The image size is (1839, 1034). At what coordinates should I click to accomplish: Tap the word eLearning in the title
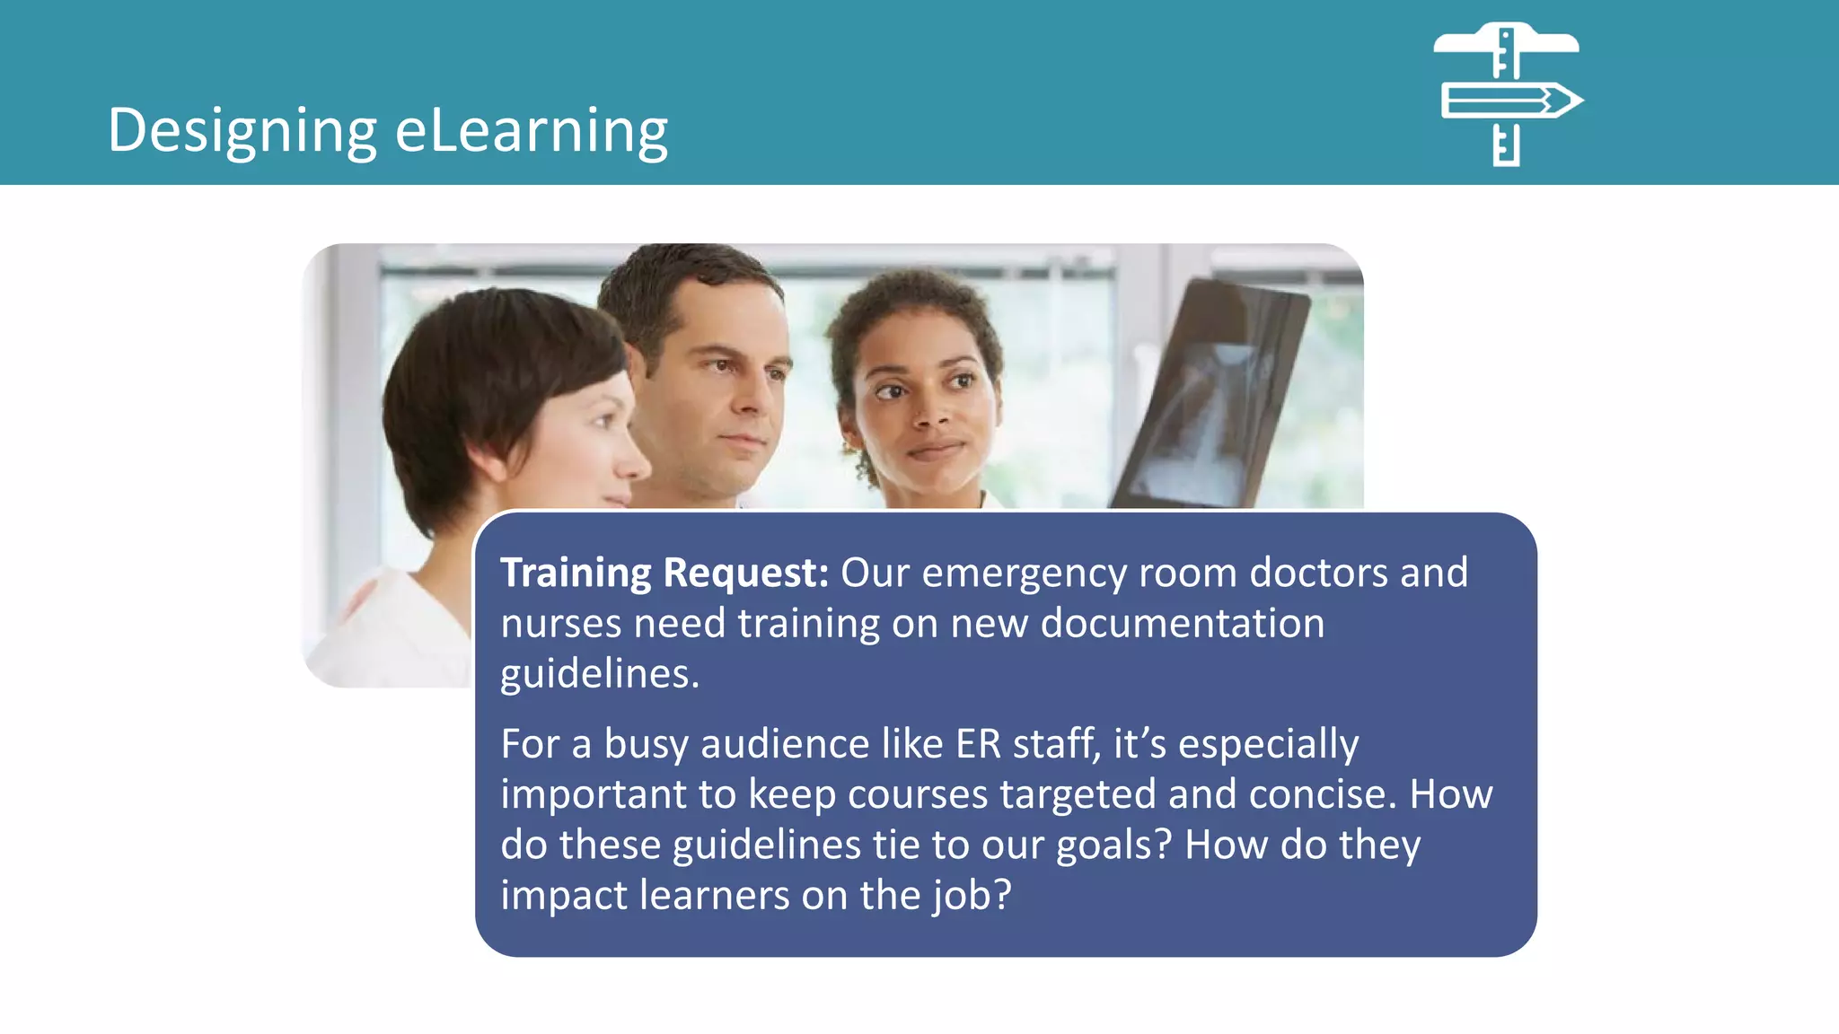point(532,130)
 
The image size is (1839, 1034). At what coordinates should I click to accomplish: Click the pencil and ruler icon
point(1509,94)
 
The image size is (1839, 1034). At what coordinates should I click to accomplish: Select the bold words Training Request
point(664,573)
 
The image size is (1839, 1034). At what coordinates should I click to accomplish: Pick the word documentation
point(1182,623)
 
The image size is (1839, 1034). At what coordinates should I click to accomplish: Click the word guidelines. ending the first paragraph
point(600,673)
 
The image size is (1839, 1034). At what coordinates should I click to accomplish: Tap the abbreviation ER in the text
point(977,743)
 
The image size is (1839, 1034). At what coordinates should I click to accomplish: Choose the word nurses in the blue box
point(560,623)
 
